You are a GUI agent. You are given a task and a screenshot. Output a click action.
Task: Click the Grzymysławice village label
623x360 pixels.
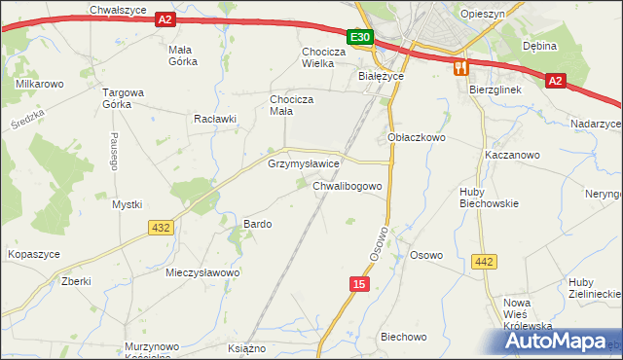[x=303, y=164]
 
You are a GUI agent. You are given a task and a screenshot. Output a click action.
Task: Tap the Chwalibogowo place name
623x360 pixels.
[x=353, y=185]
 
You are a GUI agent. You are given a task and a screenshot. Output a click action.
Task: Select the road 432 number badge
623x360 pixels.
[x=161, y=228]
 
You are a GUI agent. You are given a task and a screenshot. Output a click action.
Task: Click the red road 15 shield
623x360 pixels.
[x=360, y=282]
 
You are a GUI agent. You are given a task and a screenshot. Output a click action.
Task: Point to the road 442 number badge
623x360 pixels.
[x=483, y=262]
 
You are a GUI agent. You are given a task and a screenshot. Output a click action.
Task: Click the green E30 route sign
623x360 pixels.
[x=360, y=37]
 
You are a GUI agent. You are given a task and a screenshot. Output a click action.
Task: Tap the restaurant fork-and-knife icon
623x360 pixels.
[x=460, y=67]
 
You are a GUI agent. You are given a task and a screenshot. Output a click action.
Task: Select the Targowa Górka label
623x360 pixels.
[x=124, y=99]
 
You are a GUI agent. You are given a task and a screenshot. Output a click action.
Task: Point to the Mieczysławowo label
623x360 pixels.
[x=202, y=272]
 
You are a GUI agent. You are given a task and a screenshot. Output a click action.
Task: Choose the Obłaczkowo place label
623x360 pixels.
[x=417, y=138]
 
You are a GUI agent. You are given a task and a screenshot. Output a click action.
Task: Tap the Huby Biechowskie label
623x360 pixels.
[x=489, y=198]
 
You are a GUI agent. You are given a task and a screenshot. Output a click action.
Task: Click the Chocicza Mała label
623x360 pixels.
[x=291, y=104]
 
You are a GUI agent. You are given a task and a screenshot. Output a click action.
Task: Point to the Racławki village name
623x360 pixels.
[x=215, y=119]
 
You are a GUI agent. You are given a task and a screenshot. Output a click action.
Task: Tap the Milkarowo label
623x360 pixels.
[x=40, y=85]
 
